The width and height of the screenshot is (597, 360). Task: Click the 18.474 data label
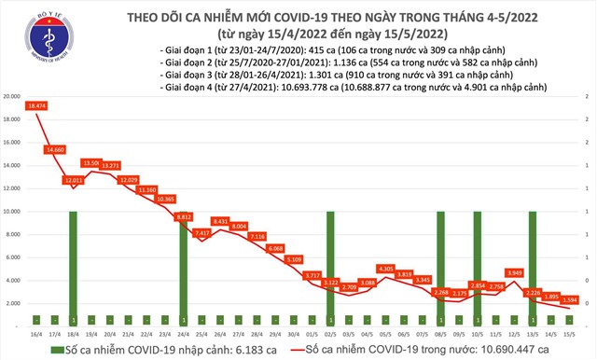tap(37, 109)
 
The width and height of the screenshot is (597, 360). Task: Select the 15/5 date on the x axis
tap(569, 333)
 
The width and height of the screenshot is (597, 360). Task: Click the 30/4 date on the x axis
tap(294, 333)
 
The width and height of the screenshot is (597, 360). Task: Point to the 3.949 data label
tap(514, 273)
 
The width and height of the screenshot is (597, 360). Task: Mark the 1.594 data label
tap(569, 299)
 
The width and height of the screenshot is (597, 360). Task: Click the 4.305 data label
tap(386, 269)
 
